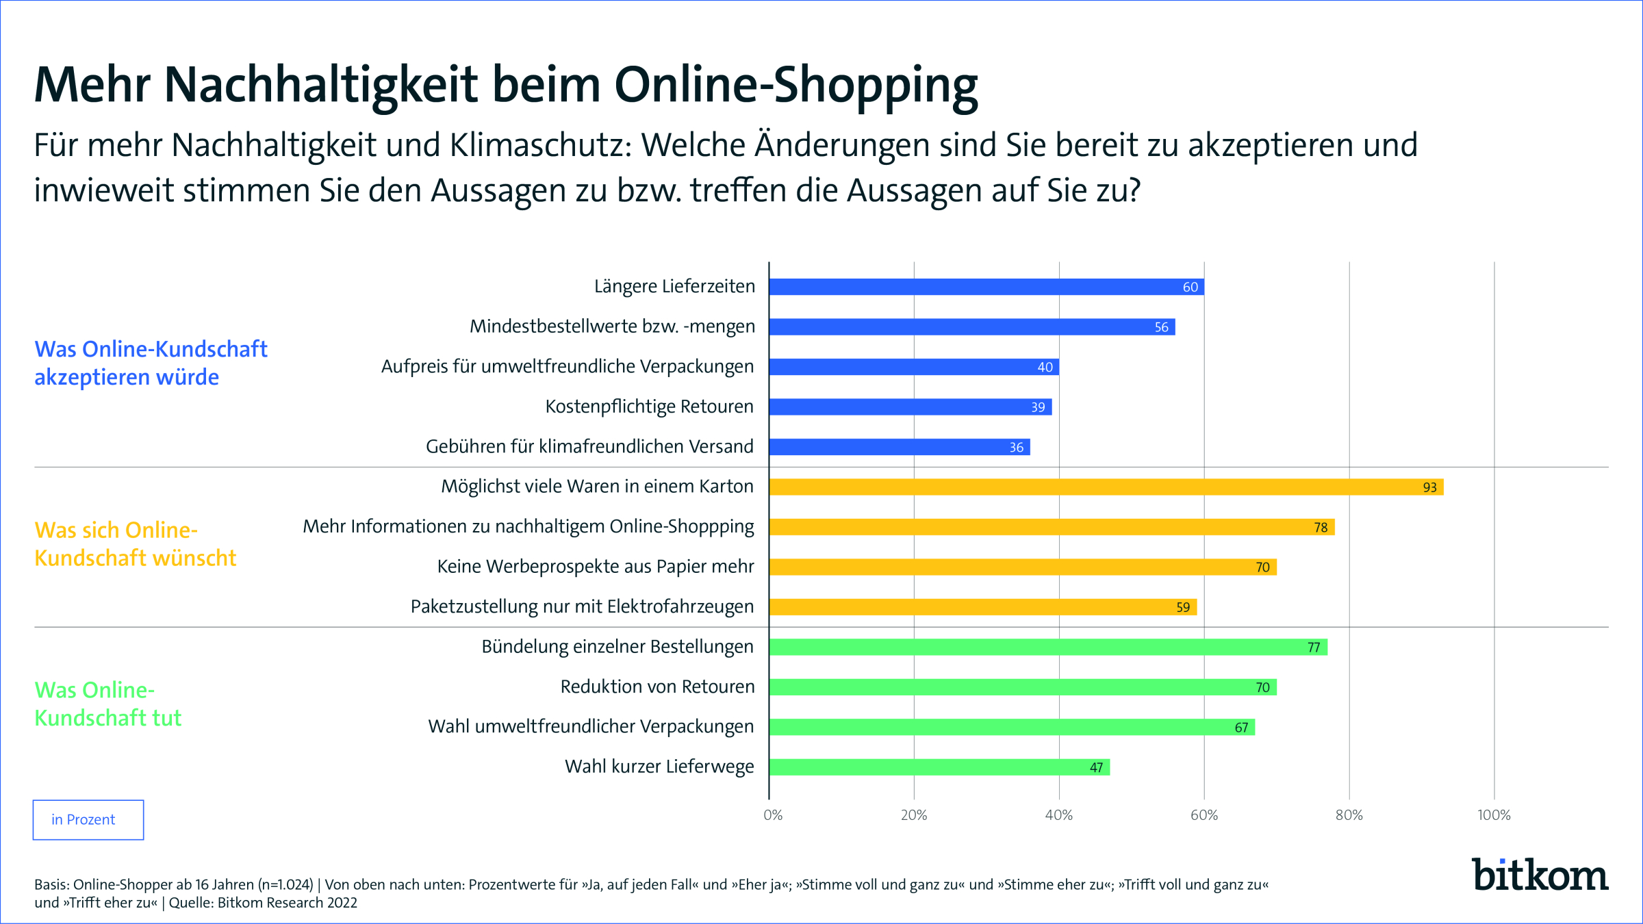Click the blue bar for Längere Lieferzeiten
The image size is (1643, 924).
tap(986, 287)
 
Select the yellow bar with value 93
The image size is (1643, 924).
tap(1106, 487)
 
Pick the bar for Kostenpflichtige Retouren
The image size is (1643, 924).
tap(910, 407)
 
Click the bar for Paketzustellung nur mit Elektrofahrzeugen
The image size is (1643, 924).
tap(982, 606)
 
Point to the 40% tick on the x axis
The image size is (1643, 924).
tap(1058, 815)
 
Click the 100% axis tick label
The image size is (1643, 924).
tap(1493, 815)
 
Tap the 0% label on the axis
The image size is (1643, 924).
tap(773, 815)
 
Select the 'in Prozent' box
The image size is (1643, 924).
tap(88, 819)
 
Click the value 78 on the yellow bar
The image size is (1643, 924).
tap(1321, 527)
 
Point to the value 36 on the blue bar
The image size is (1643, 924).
tap(1017, 447)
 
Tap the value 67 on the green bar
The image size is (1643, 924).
tap(1241, 727)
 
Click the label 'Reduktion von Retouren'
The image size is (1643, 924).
tap(657, 686)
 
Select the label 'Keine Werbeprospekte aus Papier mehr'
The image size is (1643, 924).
tap(595, 567)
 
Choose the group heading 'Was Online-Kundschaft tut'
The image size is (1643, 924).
tap(108, 704)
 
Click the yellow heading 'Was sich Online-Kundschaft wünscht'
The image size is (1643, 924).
tap(135, 544)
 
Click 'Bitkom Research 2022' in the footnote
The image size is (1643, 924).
tap(287, 903)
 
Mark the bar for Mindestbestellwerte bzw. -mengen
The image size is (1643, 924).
tap(971, 326)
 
